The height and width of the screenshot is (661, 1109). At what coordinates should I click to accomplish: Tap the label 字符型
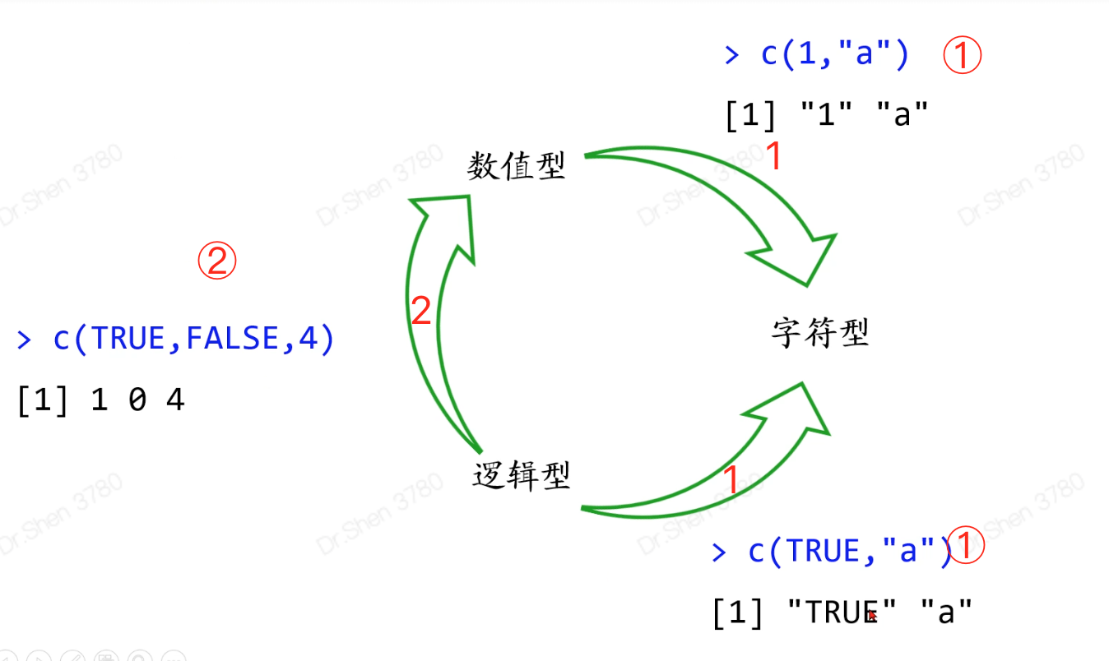[x=820, y=333]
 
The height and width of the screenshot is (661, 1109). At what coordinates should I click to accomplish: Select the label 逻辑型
[x=522, y=475]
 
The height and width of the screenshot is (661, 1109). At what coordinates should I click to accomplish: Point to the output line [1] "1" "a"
[x=826, y=114]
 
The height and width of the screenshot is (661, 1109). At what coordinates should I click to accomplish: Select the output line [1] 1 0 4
[x=100, y=401]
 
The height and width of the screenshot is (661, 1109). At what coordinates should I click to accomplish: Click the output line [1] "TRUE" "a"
[x=842, y=612]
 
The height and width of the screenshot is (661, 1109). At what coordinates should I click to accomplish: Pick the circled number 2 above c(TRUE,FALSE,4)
[x=216, y=261]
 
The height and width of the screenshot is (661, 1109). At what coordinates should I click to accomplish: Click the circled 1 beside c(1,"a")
[x=962, y=56]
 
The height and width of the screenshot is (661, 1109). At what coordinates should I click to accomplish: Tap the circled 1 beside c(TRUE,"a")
[x=967, y=547]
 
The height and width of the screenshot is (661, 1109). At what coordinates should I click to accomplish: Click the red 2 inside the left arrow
[x=421, y=312]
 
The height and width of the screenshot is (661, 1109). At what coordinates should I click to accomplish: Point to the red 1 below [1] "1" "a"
[x=773, y=156]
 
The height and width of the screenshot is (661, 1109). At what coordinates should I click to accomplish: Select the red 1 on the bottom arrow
[x=730, y=481]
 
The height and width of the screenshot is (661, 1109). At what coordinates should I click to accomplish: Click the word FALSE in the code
[x=234, y=338]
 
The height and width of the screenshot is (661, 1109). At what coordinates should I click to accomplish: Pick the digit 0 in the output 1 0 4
[x=137, y=401]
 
